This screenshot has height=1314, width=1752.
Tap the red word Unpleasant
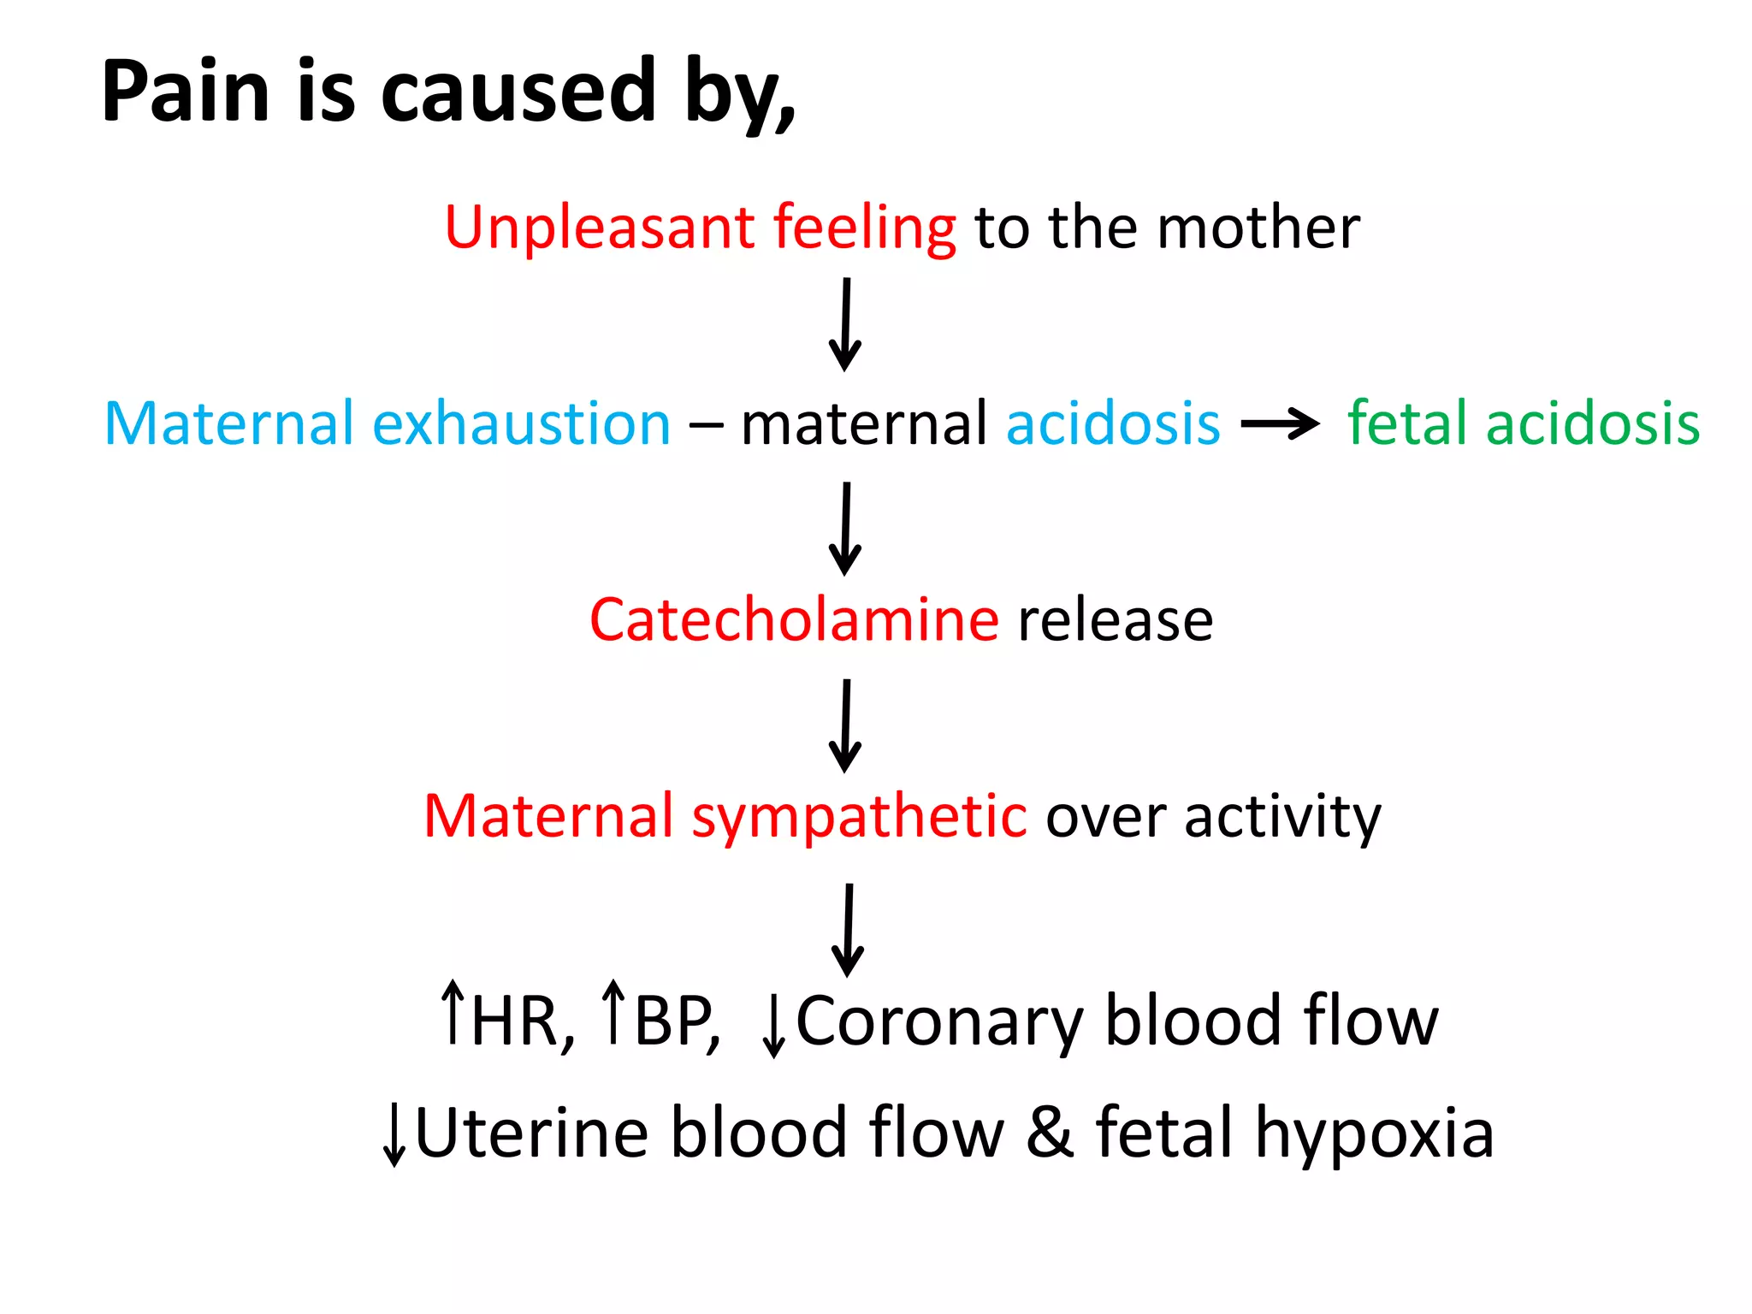coord(599,228)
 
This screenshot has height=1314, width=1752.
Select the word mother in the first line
coord(1258,228)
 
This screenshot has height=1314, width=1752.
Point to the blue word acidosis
coord(1113,423)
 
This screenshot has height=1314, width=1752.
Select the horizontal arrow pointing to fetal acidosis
coord(1280,423)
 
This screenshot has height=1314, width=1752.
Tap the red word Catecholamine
coord(794,619)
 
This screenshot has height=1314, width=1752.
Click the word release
coord(1116,619)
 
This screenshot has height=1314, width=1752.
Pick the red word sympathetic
coord(859,816)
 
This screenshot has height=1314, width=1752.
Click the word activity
coord(1282,816)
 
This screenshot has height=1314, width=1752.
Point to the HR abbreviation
coord(522,1020)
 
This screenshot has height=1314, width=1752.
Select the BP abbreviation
coord(676,1020)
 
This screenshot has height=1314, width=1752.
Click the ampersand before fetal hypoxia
coord(1050,1133)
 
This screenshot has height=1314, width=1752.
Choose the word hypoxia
coord(1374,1134)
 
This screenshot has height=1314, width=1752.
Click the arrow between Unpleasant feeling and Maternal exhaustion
coord(845,325)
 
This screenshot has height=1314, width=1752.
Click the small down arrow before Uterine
coord(394,1134)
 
